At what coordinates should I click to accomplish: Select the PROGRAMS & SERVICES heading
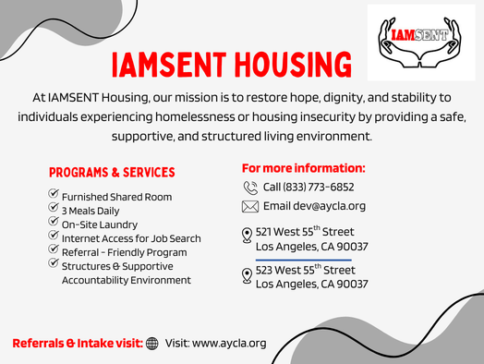tap(112, 173)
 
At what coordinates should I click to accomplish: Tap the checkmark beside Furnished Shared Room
tap(54, 195)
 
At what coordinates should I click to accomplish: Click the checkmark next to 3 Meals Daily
tap(54, 209)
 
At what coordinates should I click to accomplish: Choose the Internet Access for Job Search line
tap(131, 238)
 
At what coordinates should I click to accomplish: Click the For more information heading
tap(304, 168)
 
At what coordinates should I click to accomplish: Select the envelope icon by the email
tap(250, 206)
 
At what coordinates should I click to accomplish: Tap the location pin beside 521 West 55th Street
tap(247, 236)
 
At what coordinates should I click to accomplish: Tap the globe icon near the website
tap(152, 343)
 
